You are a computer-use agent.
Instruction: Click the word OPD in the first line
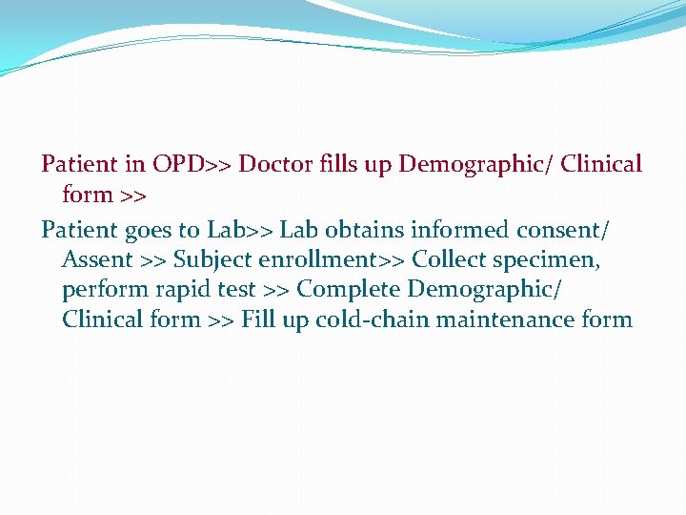click(178, 164)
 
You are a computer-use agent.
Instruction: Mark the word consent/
click(563, 230)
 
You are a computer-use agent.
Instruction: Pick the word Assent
click(97, 259)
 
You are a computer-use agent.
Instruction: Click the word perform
click(105, 289)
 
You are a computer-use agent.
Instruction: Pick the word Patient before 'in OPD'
click(79, 164)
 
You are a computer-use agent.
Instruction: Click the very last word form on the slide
click(607, 319)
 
